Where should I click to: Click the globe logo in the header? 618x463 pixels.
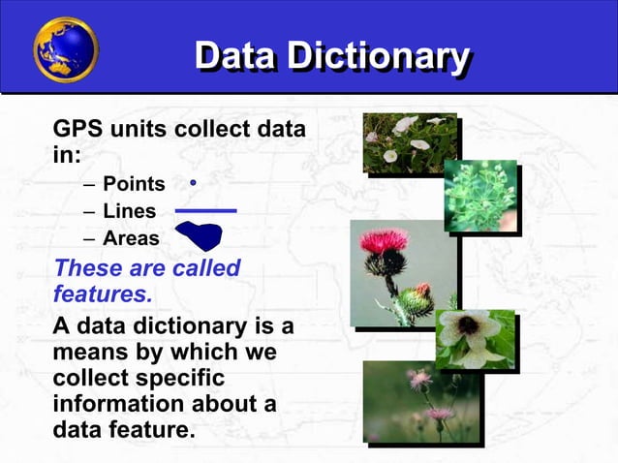[x=66, y=49]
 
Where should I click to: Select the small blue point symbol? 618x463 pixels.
[x=194, y=181]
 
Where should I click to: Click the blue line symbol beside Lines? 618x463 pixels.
[x=205, y=210]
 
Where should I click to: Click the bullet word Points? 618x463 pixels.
[x=134, y=184]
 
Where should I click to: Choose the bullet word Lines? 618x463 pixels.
[x=129, y=211]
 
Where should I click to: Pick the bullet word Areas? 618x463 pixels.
[x=131, y=237]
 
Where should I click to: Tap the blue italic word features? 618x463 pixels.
[x=97, y=291]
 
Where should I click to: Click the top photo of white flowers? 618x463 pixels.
[x=409, y=143]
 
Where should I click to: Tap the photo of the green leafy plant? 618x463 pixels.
[x=480, y=196]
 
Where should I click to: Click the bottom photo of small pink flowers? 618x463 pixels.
[x=421, y=401]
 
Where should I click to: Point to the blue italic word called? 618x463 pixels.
[x=201, y=266]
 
